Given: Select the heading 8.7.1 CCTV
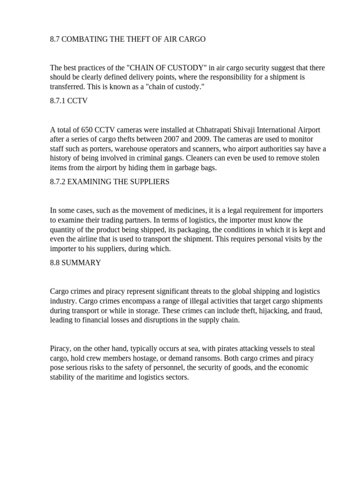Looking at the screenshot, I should (68, 101).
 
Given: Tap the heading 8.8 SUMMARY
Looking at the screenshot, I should (75, 263).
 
